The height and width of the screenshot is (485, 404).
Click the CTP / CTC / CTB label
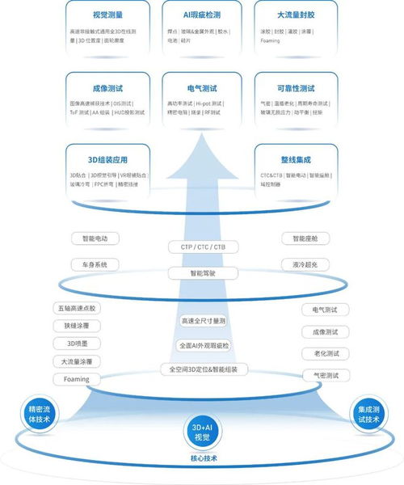point(203,246)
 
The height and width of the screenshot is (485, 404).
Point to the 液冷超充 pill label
point(305,264)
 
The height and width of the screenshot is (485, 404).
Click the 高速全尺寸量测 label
point(203,321)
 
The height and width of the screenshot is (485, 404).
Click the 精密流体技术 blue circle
point(39,413)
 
